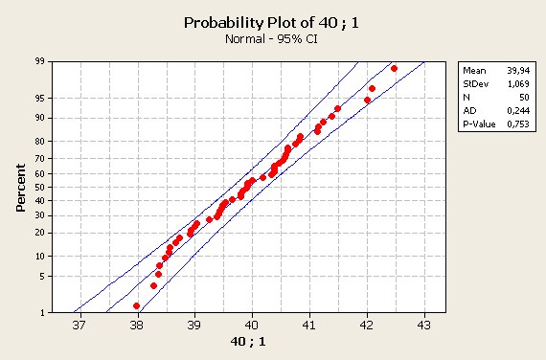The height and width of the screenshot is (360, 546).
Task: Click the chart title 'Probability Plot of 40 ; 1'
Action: [271, 23]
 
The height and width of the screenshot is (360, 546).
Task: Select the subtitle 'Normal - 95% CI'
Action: [271, 38]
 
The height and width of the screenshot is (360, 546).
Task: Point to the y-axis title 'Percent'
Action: [20, 188]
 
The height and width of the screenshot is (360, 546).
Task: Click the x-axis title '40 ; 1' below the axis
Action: [248, 342]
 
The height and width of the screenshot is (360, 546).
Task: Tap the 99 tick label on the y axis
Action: [40, 61]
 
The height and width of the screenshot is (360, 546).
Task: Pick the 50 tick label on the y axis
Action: [40, 188]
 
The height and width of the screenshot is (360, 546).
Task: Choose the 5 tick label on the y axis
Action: [42, 277]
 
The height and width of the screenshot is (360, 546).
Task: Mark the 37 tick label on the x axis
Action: [80, 326]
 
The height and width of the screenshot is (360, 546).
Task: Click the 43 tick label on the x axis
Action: [423, 326]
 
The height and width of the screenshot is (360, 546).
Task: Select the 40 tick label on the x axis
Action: [251, 326]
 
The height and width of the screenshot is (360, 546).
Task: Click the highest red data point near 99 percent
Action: [394, 69]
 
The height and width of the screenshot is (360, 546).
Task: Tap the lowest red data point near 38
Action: [136, 305]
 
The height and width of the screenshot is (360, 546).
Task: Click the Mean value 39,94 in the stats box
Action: [518, 71]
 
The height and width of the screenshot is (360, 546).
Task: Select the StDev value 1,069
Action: [518, 84]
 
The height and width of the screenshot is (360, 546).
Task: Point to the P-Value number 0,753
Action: [518, 124]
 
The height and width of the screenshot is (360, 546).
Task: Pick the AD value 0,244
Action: [518, 111]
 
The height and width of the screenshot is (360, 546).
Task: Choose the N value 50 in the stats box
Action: [524, 98]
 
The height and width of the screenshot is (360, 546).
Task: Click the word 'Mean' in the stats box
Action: [474, 71]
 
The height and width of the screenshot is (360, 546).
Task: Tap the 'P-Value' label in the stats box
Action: [479, 124]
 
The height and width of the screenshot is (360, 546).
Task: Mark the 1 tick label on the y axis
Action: [42, 313]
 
